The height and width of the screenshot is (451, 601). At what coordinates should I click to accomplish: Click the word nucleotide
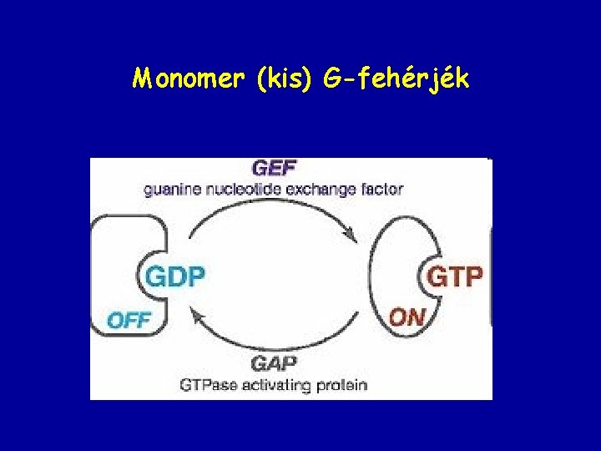point(239,190)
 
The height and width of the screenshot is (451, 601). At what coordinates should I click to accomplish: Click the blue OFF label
point(129,319)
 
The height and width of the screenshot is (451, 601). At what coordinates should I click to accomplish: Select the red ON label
point(407,317)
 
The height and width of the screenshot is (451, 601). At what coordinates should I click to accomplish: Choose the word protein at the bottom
point(341,385)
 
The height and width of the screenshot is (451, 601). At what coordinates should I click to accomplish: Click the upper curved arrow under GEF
point(275,210)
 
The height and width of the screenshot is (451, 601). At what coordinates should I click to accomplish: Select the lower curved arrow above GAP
point(275,342)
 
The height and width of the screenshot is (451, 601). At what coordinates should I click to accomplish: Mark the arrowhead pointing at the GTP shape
point(356,239)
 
